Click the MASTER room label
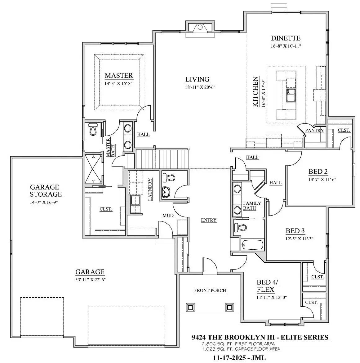pos(119,76)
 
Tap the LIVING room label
pos(197,79)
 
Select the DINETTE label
pos(286,38)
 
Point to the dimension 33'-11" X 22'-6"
pos(91,280)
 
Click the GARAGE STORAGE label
pos(46,190)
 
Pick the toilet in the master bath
pos(93,129)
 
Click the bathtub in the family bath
pos(252,244)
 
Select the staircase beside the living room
pos(162,159)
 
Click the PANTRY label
pos(314,130)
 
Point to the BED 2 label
pos(318,172)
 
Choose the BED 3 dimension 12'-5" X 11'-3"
pos(299,239)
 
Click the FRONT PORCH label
pos(210,290)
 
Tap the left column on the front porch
pos(190,307)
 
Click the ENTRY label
pos(209,220)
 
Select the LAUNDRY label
pos(150,189)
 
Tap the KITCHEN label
pos(255,92)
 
